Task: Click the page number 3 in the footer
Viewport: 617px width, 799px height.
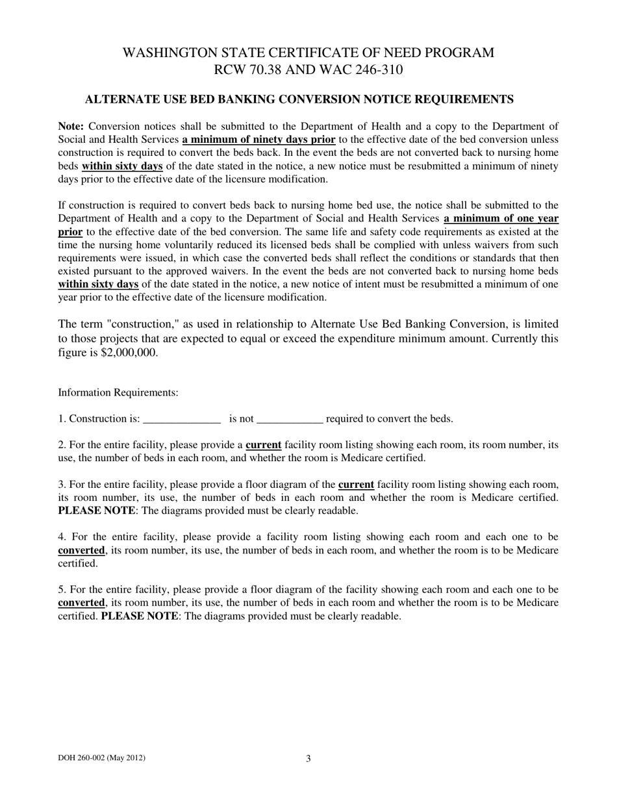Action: (308, 758)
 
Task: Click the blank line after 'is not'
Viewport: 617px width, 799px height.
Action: (290, 419)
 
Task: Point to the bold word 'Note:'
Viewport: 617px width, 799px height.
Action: (71, 127)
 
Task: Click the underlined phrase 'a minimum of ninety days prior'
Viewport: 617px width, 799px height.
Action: (258, 140)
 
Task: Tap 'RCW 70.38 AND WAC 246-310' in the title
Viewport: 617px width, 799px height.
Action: (308, 70)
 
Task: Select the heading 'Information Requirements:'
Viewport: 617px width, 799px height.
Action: (118, 392)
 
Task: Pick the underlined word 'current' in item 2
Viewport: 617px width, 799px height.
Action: (263, 445)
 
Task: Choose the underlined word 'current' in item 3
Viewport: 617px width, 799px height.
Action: (356, 485)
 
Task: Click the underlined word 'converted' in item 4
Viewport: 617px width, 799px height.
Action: (81, 550)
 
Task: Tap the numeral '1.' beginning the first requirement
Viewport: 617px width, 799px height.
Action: (62, 419)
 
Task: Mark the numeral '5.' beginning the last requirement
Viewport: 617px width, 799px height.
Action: (62, 590)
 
